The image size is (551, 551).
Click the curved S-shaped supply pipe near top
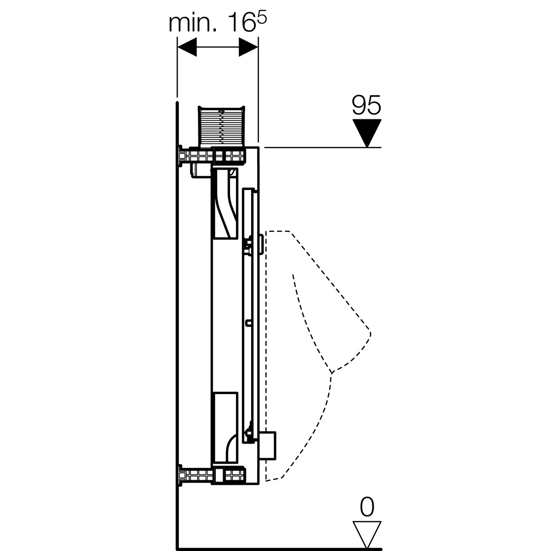coord(225,202)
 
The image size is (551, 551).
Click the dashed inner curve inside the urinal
coord(305,321)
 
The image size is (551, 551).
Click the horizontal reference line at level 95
coord(321,147)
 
